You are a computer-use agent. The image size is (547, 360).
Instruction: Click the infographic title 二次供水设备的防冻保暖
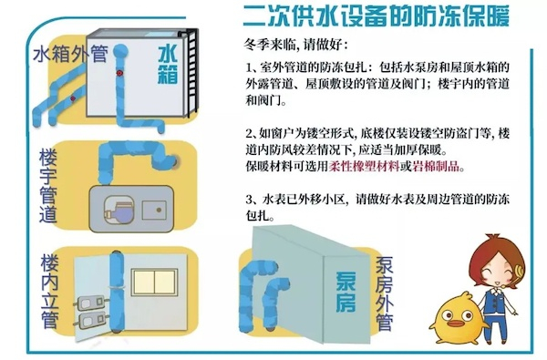tap(376, 15)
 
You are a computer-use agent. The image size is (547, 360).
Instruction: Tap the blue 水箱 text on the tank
tap(168, 66)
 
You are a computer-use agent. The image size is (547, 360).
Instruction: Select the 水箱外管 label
tap(70, 54)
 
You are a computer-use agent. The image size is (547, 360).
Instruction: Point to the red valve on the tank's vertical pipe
tap(119, 73)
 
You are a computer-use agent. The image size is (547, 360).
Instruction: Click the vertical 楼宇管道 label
tap(47, 186)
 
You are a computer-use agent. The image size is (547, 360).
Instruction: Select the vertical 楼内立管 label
tap(49, 292)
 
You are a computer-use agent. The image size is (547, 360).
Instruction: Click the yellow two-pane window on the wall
tap(155, 282)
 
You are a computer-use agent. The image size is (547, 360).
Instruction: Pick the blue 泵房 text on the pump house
tap(346, 293)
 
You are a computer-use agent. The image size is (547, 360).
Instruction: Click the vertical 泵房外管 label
tap(385, 293)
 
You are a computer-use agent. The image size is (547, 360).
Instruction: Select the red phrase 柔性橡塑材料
tap(364, 166)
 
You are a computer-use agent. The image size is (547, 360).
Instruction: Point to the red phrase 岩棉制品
tap(436, 166)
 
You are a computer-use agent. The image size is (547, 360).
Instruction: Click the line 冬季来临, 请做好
tap(295, 45)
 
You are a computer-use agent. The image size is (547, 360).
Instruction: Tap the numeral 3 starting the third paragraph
tap(248, 200)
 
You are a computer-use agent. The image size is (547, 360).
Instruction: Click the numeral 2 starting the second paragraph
tap(248, 134)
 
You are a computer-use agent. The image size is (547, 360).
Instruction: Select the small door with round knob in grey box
tap(154, 211)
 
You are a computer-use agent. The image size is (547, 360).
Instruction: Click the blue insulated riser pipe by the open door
tap(117, 290)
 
